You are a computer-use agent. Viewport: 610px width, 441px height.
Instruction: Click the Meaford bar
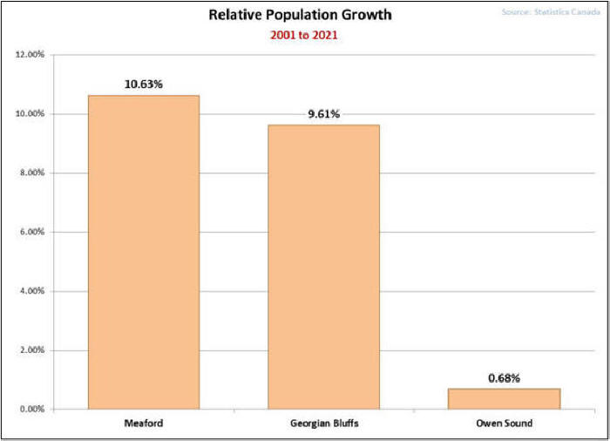click(x=144, y=252)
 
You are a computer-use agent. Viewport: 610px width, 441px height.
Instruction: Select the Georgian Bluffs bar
click(x=323, y=267)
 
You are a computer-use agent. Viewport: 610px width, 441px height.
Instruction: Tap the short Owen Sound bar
click(x=504, y=398)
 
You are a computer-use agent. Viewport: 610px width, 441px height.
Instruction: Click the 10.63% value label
click(x=144, y=85)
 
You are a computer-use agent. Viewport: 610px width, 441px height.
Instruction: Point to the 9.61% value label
click(x=323, y=114)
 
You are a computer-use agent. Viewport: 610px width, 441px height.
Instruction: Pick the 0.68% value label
click(x=504, y=378)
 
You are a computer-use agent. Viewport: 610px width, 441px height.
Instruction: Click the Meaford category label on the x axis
click(x=144, y=424)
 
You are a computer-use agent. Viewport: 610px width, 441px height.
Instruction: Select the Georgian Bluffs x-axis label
click(x=323, y=424)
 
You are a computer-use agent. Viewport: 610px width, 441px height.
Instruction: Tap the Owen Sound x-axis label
click(x=504, y=424)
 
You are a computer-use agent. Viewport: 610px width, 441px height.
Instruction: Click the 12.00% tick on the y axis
click(x=31, y=55)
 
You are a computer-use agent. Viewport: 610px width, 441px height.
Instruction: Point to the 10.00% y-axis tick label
click(x=31, y=114)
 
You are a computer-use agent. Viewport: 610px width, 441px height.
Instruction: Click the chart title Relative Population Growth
click(x=300, y=15)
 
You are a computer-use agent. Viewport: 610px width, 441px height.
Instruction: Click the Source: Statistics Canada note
click(x=550, y=12)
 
